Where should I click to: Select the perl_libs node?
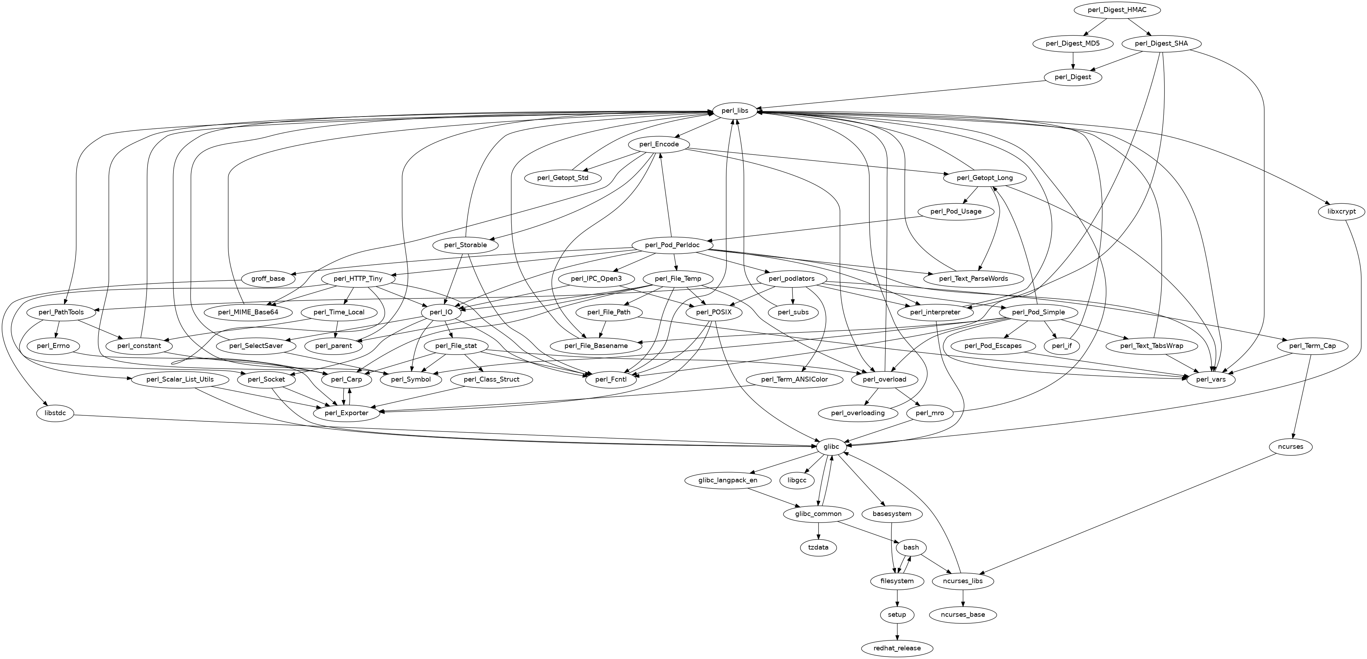click(735, 111)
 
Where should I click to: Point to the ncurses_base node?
click(963, 615)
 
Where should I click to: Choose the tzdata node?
click(818, 547)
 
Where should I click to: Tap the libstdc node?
click(55, 413)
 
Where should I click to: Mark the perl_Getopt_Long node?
click(984, 178)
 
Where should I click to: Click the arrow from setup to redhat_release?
click(897, 632)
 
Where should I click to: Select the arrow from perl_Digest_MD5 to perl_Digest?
click(1073, 61)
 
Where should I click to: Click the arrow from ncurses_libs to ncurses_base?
click(963, 598)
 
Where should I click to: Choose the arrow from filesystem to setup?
click(897, 598)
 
